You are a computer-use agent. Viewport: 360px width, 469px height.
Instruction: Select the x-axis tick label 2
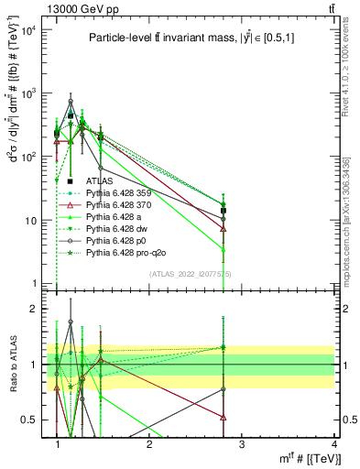click(x=149, y=444)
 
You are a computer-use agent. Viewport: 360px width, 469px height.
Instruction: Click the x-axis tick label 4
click(x=333, y=444)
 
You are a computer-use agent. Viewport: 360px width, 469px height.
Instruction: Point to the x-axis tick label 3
click(x=241, y=444)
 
